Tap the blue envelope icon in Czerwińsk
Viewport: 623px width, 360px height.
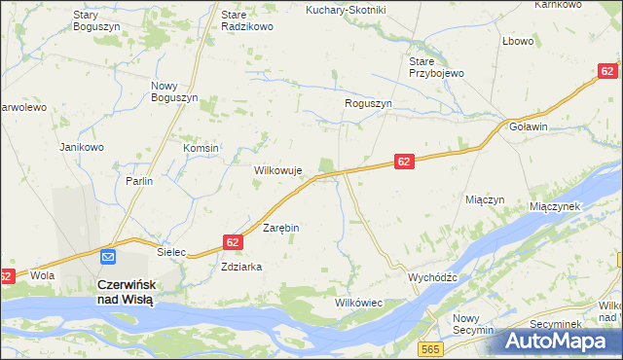point(108,257)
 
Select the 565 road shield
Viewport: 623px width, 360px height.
point(428,347)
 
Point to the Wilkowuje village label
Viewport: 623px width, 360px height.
point(279,170)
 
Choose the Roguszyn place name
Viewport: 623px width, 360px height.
point(368,103)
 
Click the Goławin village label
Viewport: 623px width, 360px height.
point(529,126)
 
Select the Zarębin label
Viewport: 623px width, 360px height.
point(281,228)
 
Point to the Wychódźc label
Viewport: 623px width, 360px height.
point(433,276)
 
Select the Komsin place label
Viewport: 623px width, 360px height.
point(202,148)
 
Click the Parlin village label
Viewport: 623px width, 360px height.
point(140,181)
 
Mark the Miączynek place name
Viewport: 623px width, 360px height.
point(555,206)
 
